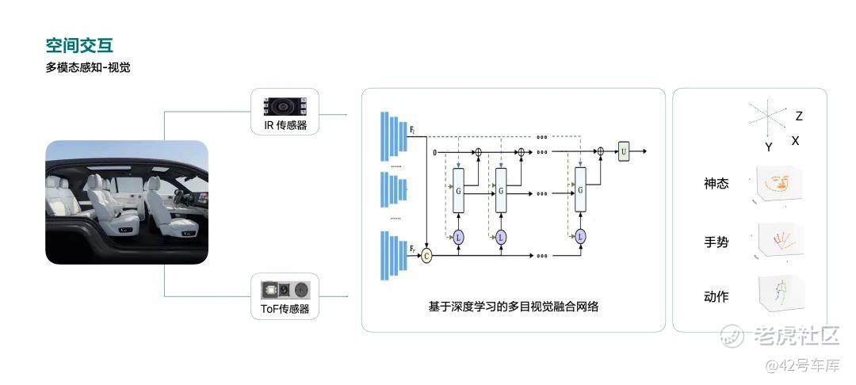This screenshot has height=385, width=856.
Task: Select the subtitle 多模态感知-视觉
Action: click(88, 67)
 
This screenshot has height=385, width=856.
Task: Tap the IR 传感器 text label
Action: click(285, 125)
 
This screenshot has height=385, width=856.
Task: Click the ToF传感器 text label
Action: click(285, 309)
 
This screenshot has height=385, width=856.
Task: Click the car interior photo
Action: click(127, 202)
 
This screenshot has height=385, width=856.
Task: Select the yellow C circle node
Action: click(427, 255)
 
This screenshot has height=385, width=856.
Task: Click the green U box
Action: click(624, 151)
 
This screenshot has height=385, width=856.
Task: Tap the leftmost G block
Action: click(458, 190)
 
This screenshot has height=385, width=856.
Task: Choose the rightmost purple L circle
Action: click(580, 236)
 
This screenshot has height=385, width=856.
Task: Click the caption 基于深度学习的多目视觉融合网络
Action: click(513, 306)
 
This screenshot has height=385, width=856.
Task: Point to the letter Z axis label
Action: click(799, 116)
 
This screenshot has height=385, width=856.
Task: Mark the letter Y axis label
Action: click(768, 147)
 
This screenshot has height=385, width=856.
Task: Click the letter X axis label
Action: click(795, 140)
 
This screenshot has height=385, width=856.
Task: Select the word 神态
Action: click(716, 184)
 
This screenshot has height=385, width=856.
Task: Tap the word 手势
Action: click(716, 241)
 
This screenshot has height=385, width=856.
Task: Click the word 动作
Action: click(716, 297)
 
